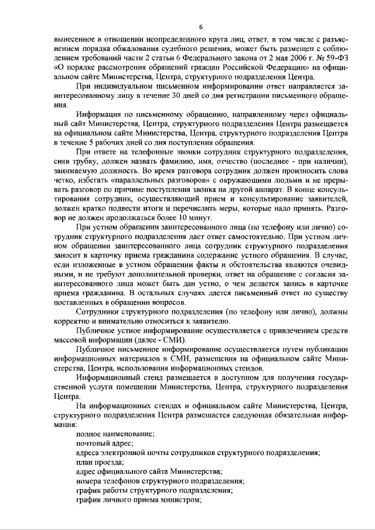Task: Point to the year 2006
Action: click(x=278, y=58)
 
